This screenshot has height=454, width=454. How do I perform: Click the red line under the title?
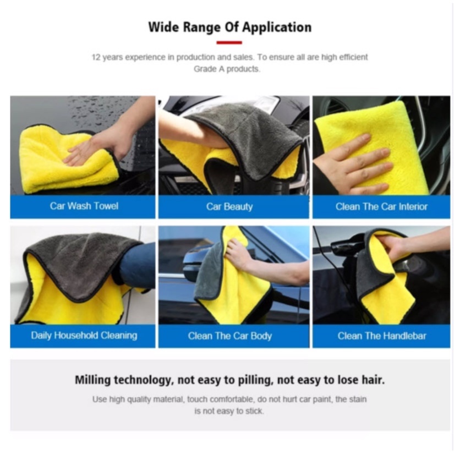point(229,42)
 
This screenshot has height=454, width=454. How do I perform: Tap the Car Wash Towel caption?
point(84,206)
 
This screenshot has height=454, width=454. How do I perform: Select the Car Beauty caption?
point(229,207)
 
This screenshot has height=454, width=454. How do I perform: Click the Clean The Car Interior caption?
point(381,206)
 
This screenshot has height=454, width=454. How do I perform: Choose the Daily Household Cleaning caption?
point(84,335)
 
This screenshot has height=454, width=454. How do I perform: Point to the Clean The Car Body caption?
point(230,336)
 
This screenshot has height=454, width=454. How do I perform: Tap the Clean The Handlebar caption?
point(381,336)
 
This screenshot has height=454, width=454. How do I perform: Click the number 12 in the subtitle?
point(96,57)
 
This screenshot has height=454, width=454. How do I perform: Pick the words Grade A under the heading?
point(209,69)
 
